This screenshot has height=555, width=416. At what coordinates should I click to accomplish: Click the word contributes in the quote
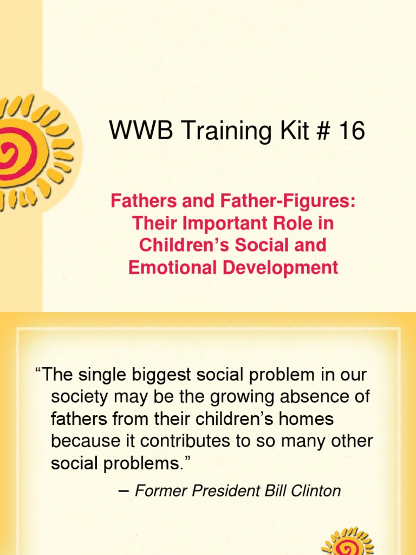(x=191, y=441)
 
